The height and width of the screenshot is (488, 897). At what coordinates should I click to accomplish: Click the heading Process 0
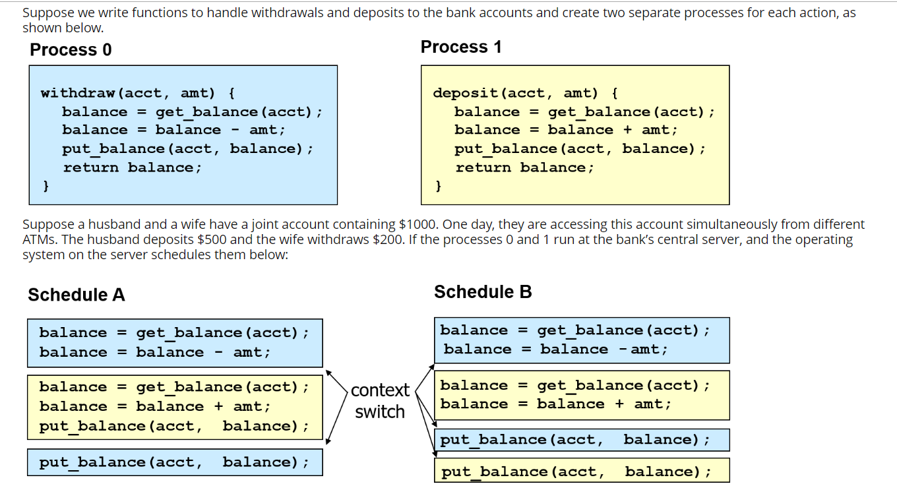coord(71,50)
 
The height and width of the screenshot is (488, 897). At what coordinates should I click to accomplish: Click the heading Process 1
coord(461,47)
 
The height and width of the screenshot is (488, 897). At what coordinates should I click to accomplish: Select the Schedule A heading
coord(76,295)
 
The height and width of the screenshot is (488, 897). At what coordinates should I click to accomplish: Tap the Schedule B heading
coord(483,292)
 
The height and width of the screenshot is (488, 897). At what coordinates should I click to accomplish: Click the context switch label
coord(379,401)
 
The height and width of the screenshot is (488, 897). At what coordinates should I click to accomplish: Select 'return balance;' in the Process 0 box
coord(132,168)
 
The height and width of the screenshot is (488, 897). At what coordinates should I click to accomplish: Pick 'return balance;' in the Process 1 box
coord(524,168)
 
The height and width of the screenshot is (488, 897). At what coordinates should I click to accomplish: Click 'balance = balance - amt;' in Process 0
coord(173,130)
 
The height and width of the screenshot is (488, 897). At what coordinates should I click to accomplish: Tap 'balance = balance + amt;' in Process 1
coord(566,130)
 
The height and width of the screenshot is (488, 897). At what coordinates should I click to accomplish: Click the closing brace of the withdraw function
coord(46,187)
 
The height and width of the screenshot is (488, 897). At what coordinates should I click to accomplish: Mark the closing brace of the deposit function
coord(438,187)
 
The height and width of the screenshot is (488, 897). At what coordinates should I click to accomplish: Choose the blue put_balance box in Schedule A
coord(174,462)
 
